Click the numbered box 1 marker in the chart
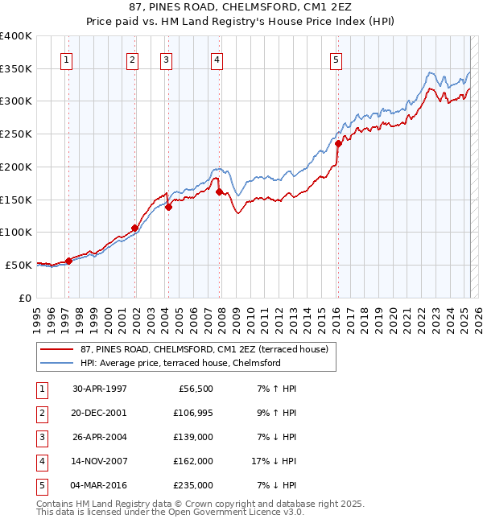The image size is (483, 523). [66, 59]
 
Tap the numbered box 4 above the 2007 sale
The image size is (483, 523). [217, 59]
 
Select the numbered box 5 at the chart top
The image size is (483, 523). [336, 59]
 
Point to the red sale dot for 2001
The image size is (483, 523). [134, 228]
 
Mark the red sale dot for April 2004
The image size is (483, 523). [168, 207]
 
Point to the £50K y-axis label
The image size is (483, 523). [19, 265]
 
